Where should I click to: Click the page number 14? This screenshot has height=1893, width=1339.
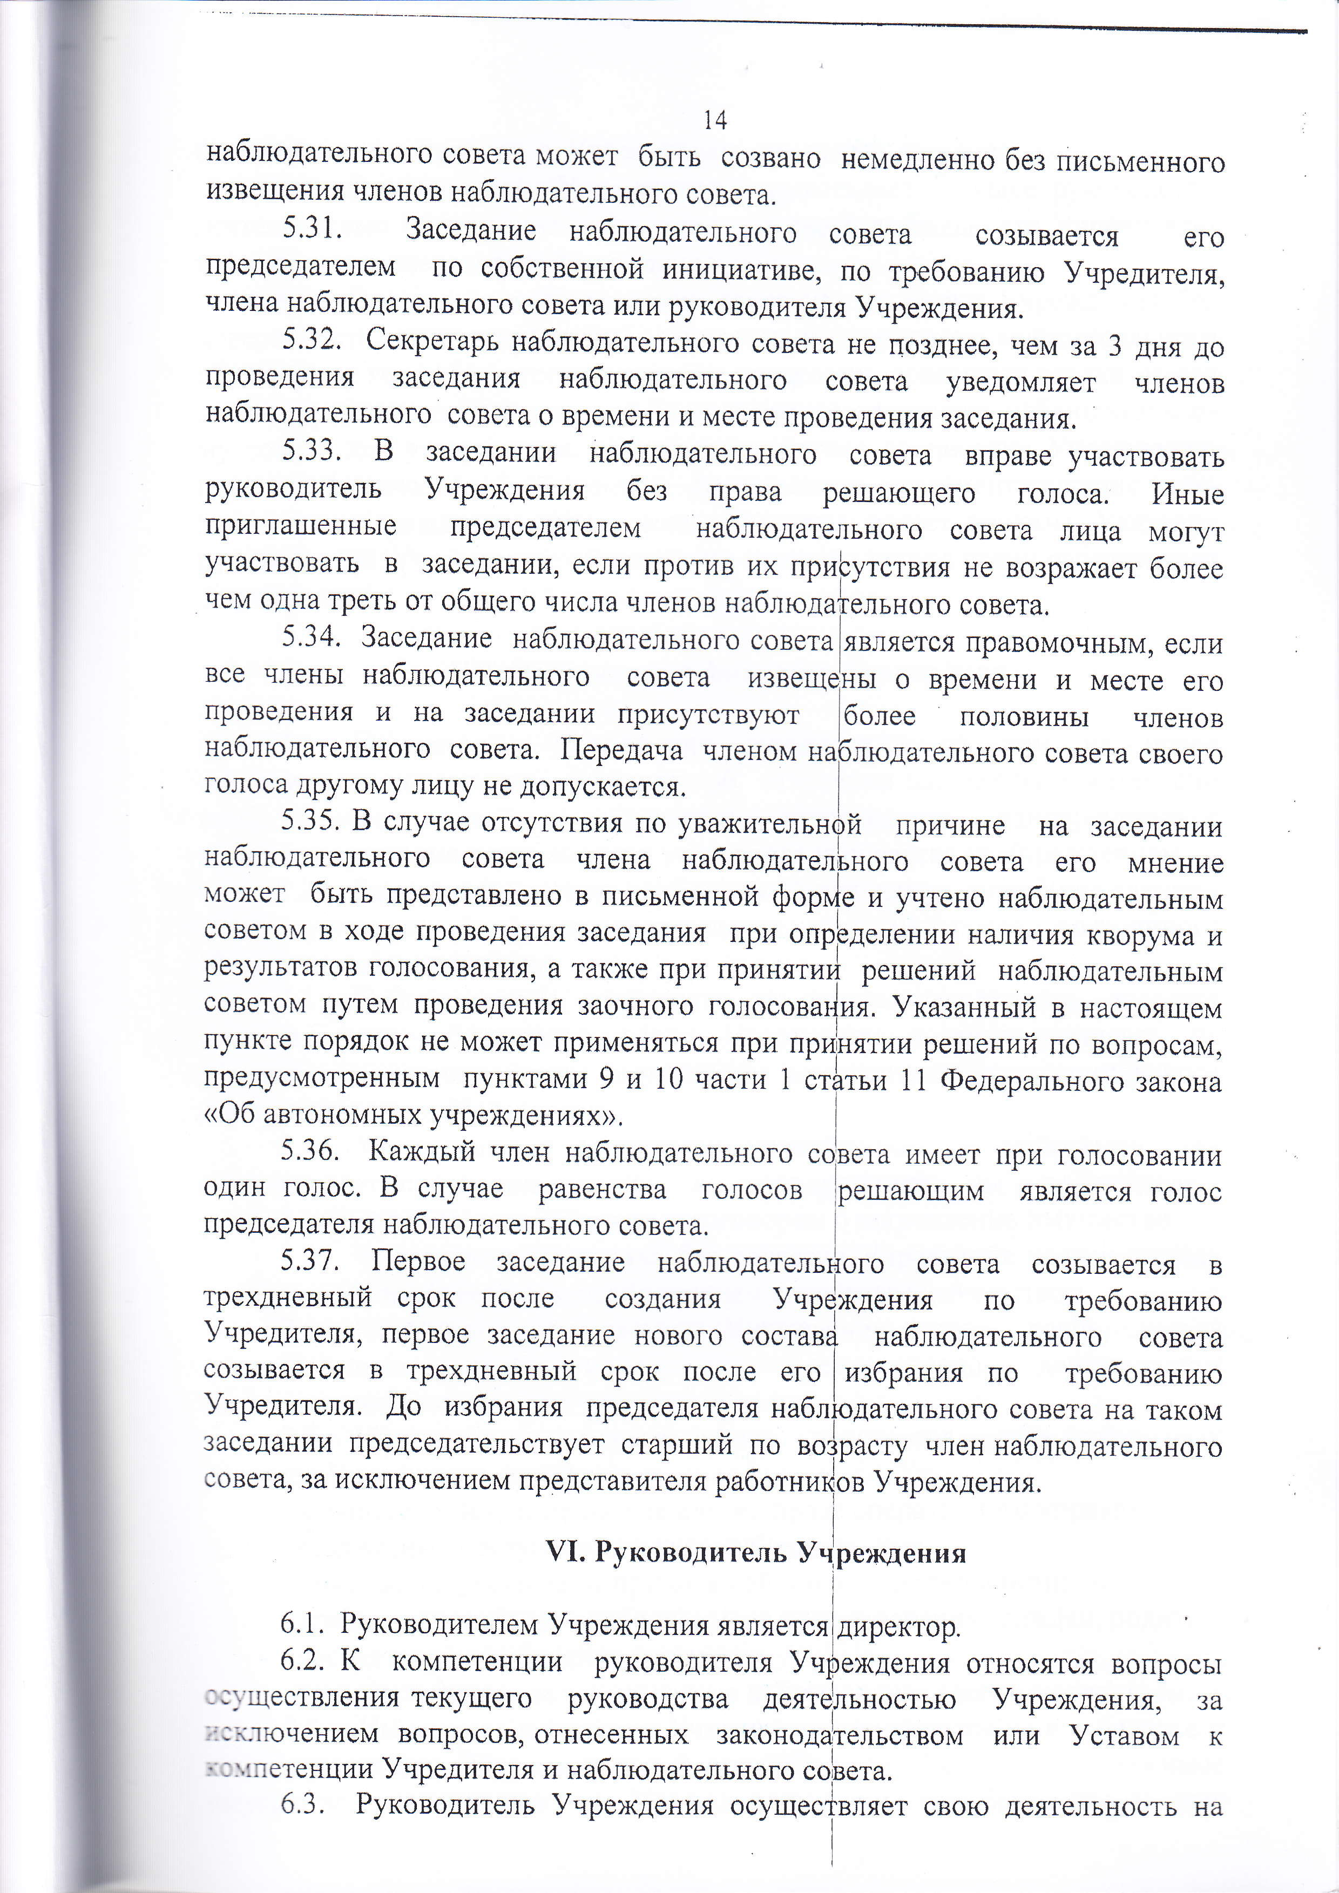coord(715,121)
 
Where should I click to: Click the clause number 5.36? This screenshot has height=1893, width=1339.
coord(310,1152)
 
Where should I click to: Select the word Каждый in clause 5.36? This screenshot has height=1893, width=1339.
coord(421,1152)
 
